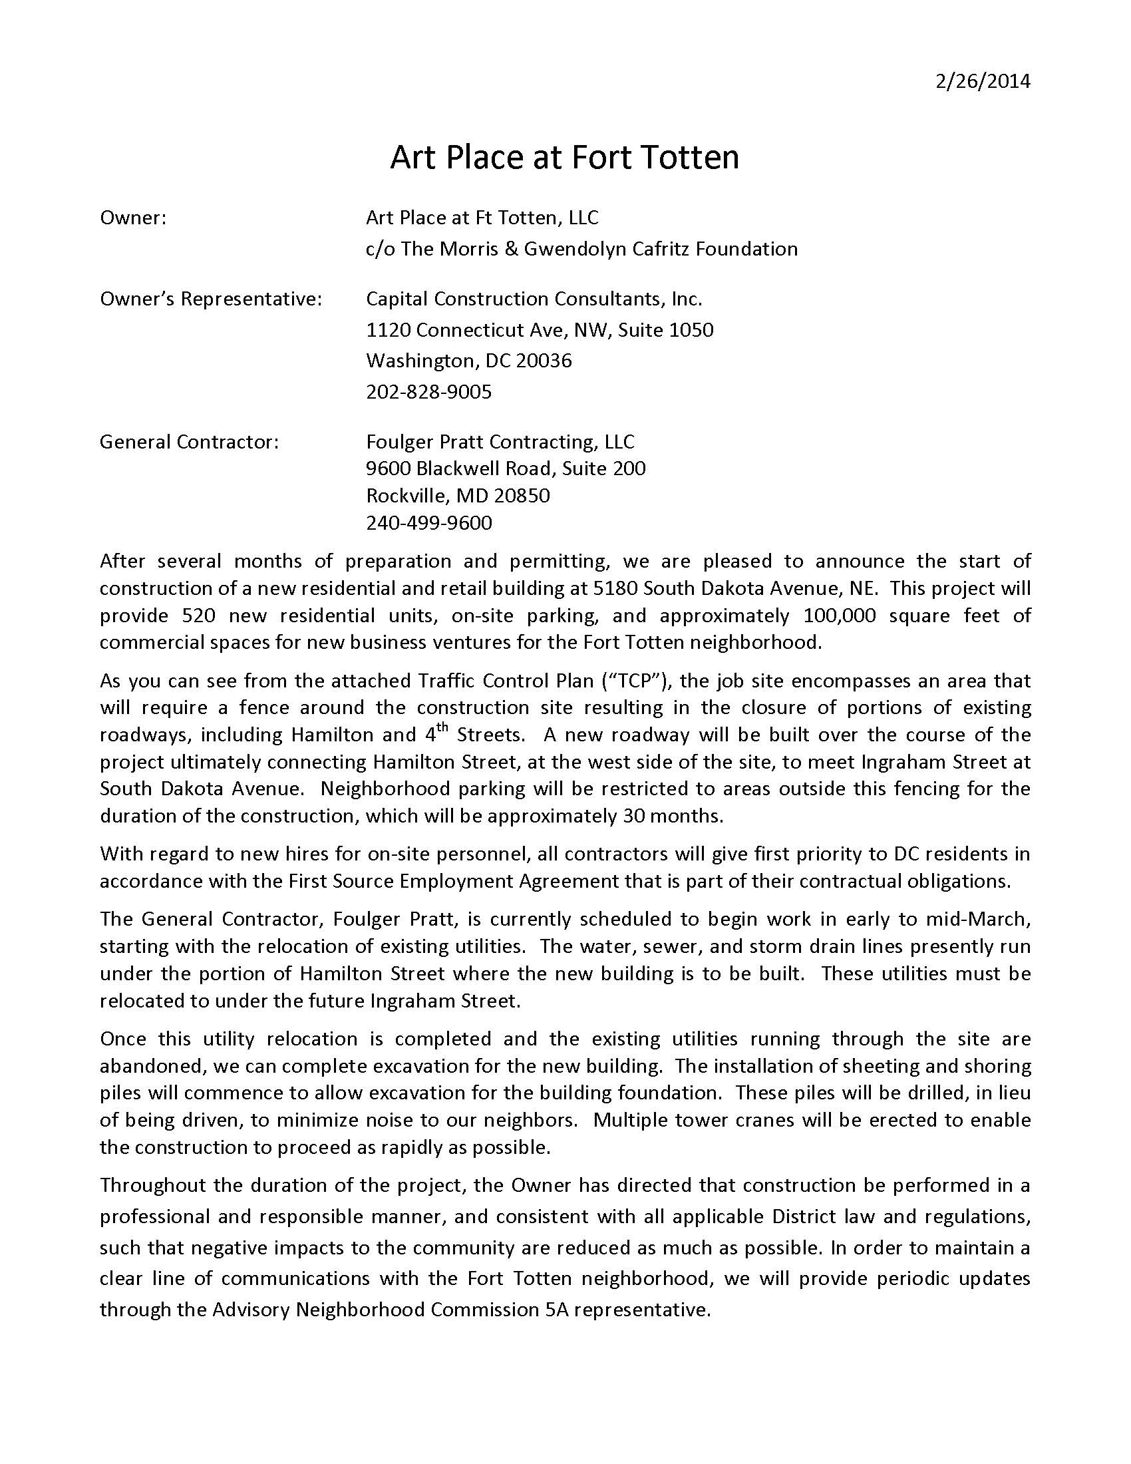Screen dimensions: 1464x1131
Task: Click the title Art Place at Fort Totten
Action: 564,158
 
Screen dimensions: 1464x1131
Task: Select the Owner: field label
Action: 132,218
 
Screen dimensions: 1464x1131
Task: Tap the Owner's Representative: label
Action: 210,299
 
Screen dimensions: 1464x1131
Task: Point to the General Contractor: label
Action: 189,442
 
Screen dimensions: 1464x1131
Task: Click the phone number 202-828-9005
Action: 428,391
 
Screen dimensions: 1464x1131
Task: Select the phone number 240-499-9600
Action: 428,522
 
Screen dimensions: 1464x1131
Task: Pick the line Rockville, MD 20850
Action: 458,495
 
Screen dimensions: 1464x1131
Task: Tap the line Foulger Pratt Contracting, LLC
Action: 500,442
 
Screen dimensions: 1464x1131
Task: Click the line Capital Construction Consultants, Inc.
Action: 534,299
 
